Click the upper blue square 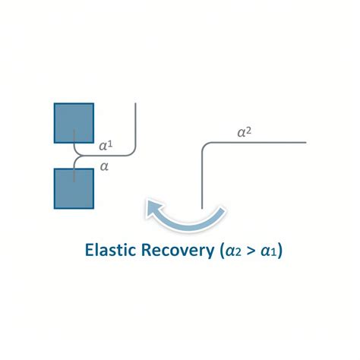[74, 123]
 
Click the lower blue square [74, 188]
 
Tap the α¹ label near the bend [106, 146]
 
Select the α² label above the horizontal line [245, 132]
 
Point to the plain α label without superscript [104, 166]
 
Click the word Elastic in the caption [110, 250]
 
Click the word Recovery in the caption [178, 251]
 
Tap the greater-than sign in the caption [251, 251]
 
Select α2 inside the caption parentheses [232, 251]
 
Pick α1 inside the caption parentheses [269, 251]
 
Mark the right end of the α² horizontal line [306, 143]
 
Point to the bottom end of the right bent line [202, 208]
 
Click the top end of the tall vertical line [136, 103]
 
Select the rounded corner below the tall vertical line [133, 153]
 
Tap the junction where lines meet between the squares [79, 156]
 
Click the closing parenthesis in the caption [279, 251]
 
